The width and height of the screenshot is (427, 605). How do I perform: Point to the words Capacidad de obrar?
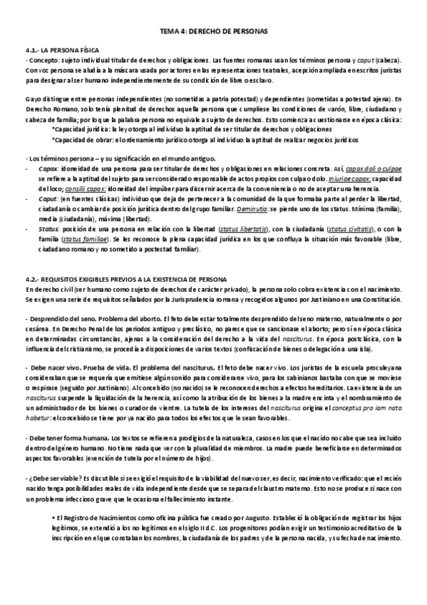(x=82, y=139)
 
